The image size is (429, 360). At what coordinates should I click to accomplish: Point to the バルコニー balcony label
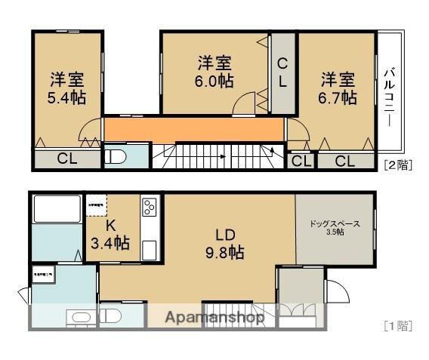click(x=390, y=97)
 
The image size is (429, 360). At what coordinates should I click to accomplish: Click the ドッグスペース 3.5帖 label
click(x=335, y=227)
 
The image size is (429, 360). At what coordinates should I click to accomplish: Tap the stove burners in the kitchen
click(x=148, y=206)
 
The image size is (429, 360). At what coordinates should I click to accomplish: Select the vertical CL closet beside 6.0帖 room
click(x=282, y=73)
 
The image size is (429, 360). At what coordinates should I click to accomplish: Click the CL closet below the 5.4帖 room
click(x=66, y=158)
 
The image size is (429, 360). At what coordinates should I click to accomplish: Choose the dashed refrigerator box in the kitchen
click(x=97, y=205)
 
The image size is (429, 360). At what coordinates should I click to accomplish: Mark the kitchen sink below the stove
click(x=148, y=248)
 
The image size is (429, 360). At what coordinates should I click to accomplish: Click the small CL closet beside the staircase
click(x=300, y=160)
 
